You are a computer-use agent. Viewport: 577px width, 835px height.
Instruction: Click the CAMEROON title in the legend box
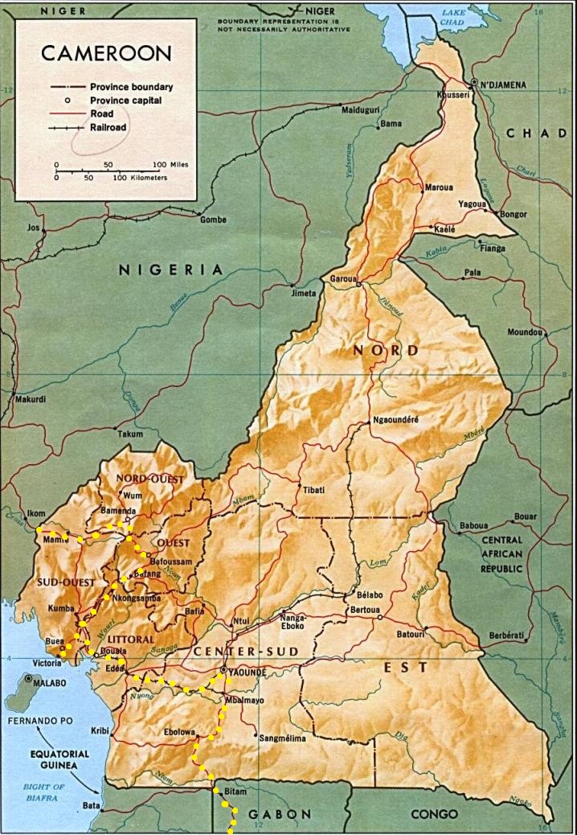click(106, 54)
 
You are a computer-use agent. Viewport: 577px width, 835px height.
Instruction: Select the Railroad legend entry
click(108, 127)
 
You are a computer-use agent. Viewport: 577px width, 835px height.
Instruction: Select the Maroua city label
click(440, 187)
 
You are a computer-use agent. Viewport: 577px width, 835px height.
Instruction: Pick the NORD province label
click(386, 351)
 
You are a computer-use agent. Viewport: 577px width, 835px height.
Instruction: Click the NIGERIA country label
click(170, 270)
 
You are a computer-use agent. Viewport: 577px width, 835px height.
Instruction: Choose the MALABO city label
click(53, 681)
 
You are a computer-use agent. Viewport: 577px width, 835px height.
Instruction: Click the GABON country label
click(279, 814)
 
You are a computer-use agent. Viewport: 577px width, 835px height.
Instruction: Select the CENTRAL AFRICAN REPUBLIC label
click(501, 554)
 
